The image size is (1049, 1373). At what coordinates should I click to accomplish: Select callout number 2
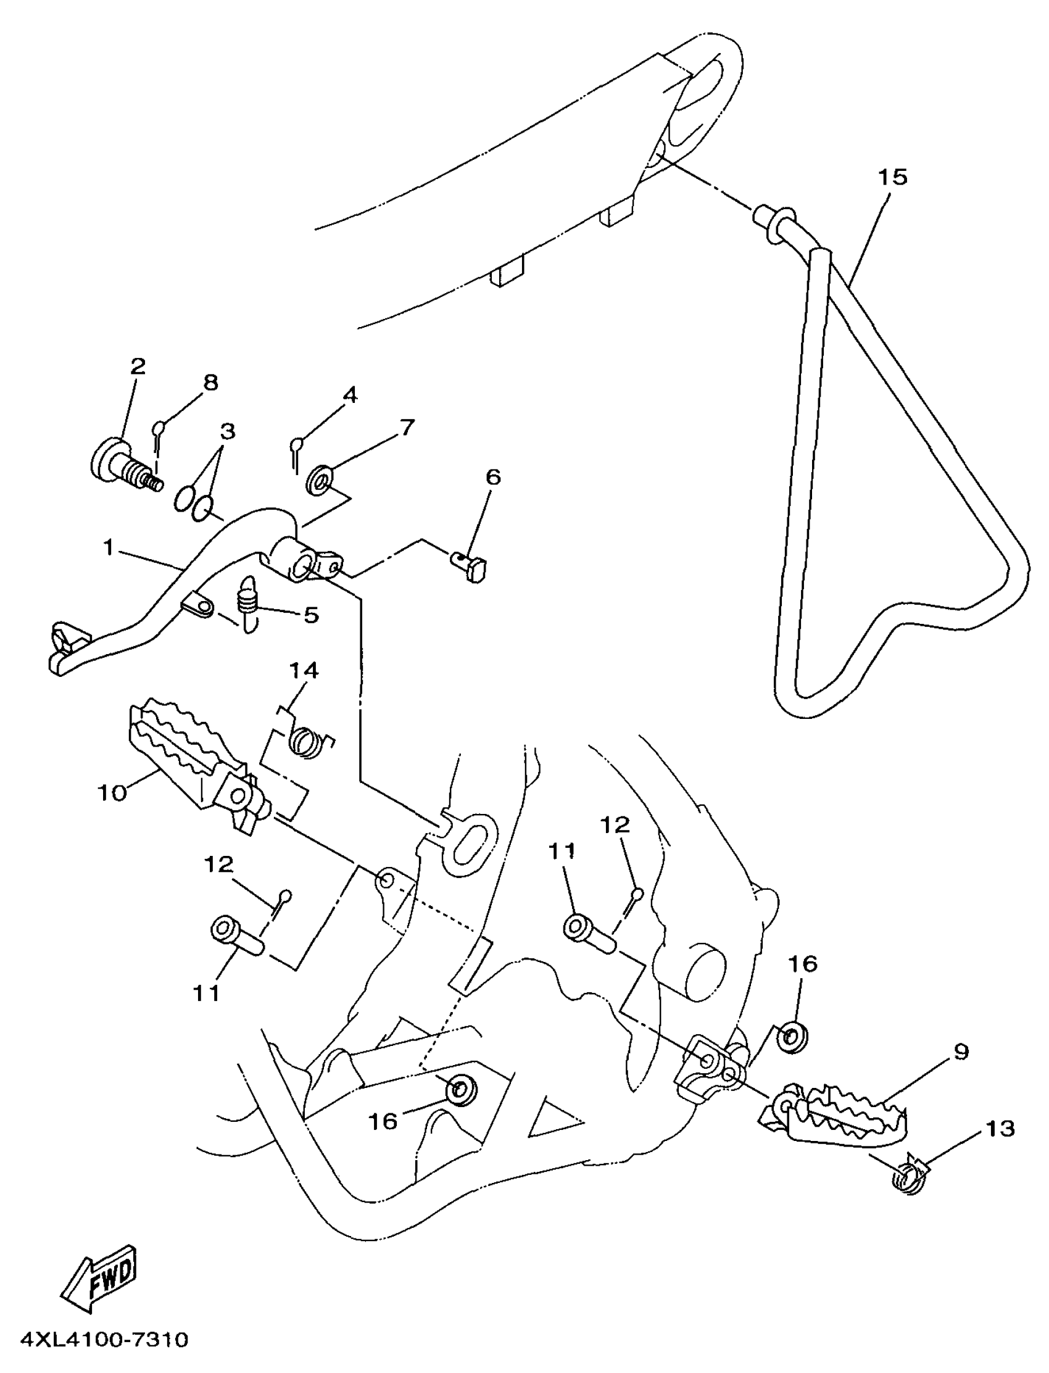pos(138,366)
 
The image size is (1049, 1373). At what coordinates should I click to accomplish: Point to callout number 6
pos(492,478)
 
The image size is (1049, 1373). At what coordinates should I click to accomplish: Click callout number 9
pos(961,1052)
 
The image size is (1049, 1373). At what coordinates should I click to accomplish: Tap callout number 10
pos(112,794)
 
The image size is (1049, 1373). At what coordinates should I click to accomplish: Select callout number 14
pos(304,671)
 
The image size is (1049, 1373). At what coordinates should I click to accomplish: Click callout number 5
pos(310,615)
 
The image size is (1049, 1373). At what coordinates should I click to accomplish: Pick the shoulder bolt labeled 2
pos(125,465)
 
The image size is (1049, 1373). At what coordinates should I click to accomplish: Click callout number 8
pos(211,382)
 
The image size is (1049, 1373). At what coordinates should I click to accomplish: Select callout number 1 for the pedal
pos(109,548)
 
